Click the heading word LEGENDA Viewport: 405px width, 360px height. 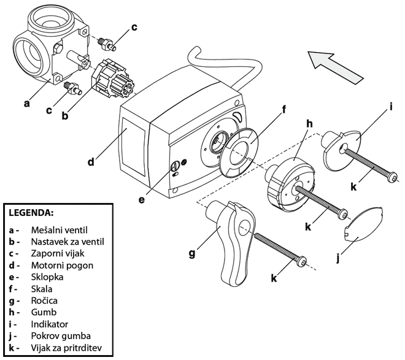[31, 213]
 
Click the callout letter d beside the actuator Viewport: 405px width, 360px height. [91, 163]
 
